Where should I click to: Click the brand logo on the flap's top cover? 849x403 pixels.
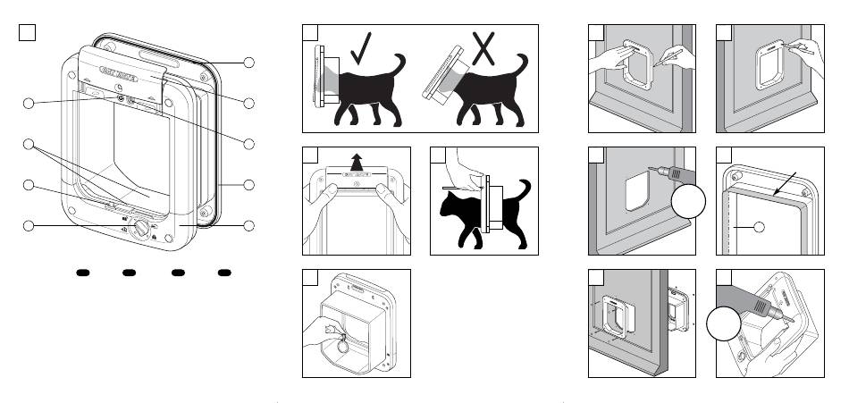117,71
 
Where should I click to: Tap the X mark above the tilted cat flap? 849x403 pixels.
483,47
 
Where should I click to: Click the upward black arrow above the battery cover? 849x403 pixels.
357,160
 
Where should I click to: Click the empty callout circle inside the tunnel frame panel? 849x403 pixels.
759,227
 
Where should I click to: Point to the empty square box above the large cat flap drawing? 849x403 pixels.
27,32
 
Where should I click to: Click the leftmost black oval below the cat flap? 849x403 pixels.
80,272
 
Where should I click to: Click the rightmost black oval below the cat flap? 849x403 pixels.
223,272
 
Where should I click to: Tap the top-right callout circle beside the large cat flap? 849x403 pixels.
250,63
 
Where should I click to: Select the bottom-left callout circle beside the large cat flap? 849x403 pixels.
29,225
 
